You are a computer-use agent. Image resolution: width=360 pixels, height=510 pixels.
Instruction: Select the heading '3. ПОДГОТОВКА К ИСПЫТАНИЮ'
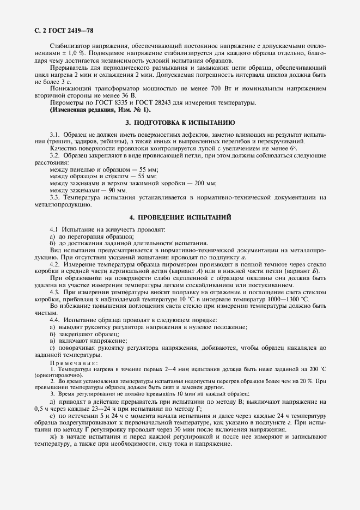(180, 123)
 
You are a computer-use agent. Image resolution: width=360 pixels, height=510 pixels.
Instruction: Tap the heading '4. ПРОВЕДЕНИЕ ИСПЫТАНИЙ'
(180, 217)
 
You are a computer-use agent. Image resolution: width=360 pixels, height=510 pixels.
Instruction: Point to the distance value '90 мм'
(117, 191)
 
